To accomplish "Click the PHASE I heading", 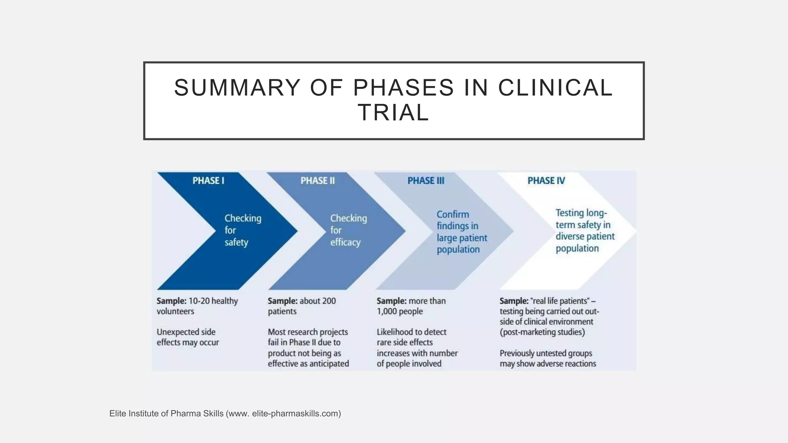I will coord(208,181).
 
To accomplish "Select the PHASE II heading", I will coord(317,181).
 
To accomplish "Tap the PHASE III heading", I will coord(426,181).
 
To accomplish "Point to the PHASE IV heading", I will coord(546,181).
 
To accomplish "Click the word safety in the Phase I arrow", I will coord(236,243).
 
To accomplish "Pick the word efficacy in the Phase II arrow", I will coord(345,243).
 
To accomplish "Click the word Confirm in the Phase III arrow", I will coord(452,215).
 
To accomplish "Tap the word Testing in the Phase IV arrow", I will coord(569,213).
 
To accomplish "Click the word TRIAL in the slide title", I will coord(393,113).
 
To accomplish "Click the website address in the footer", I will coord(296,414).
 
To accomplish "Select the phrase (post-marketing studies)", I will coord(542,332).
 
